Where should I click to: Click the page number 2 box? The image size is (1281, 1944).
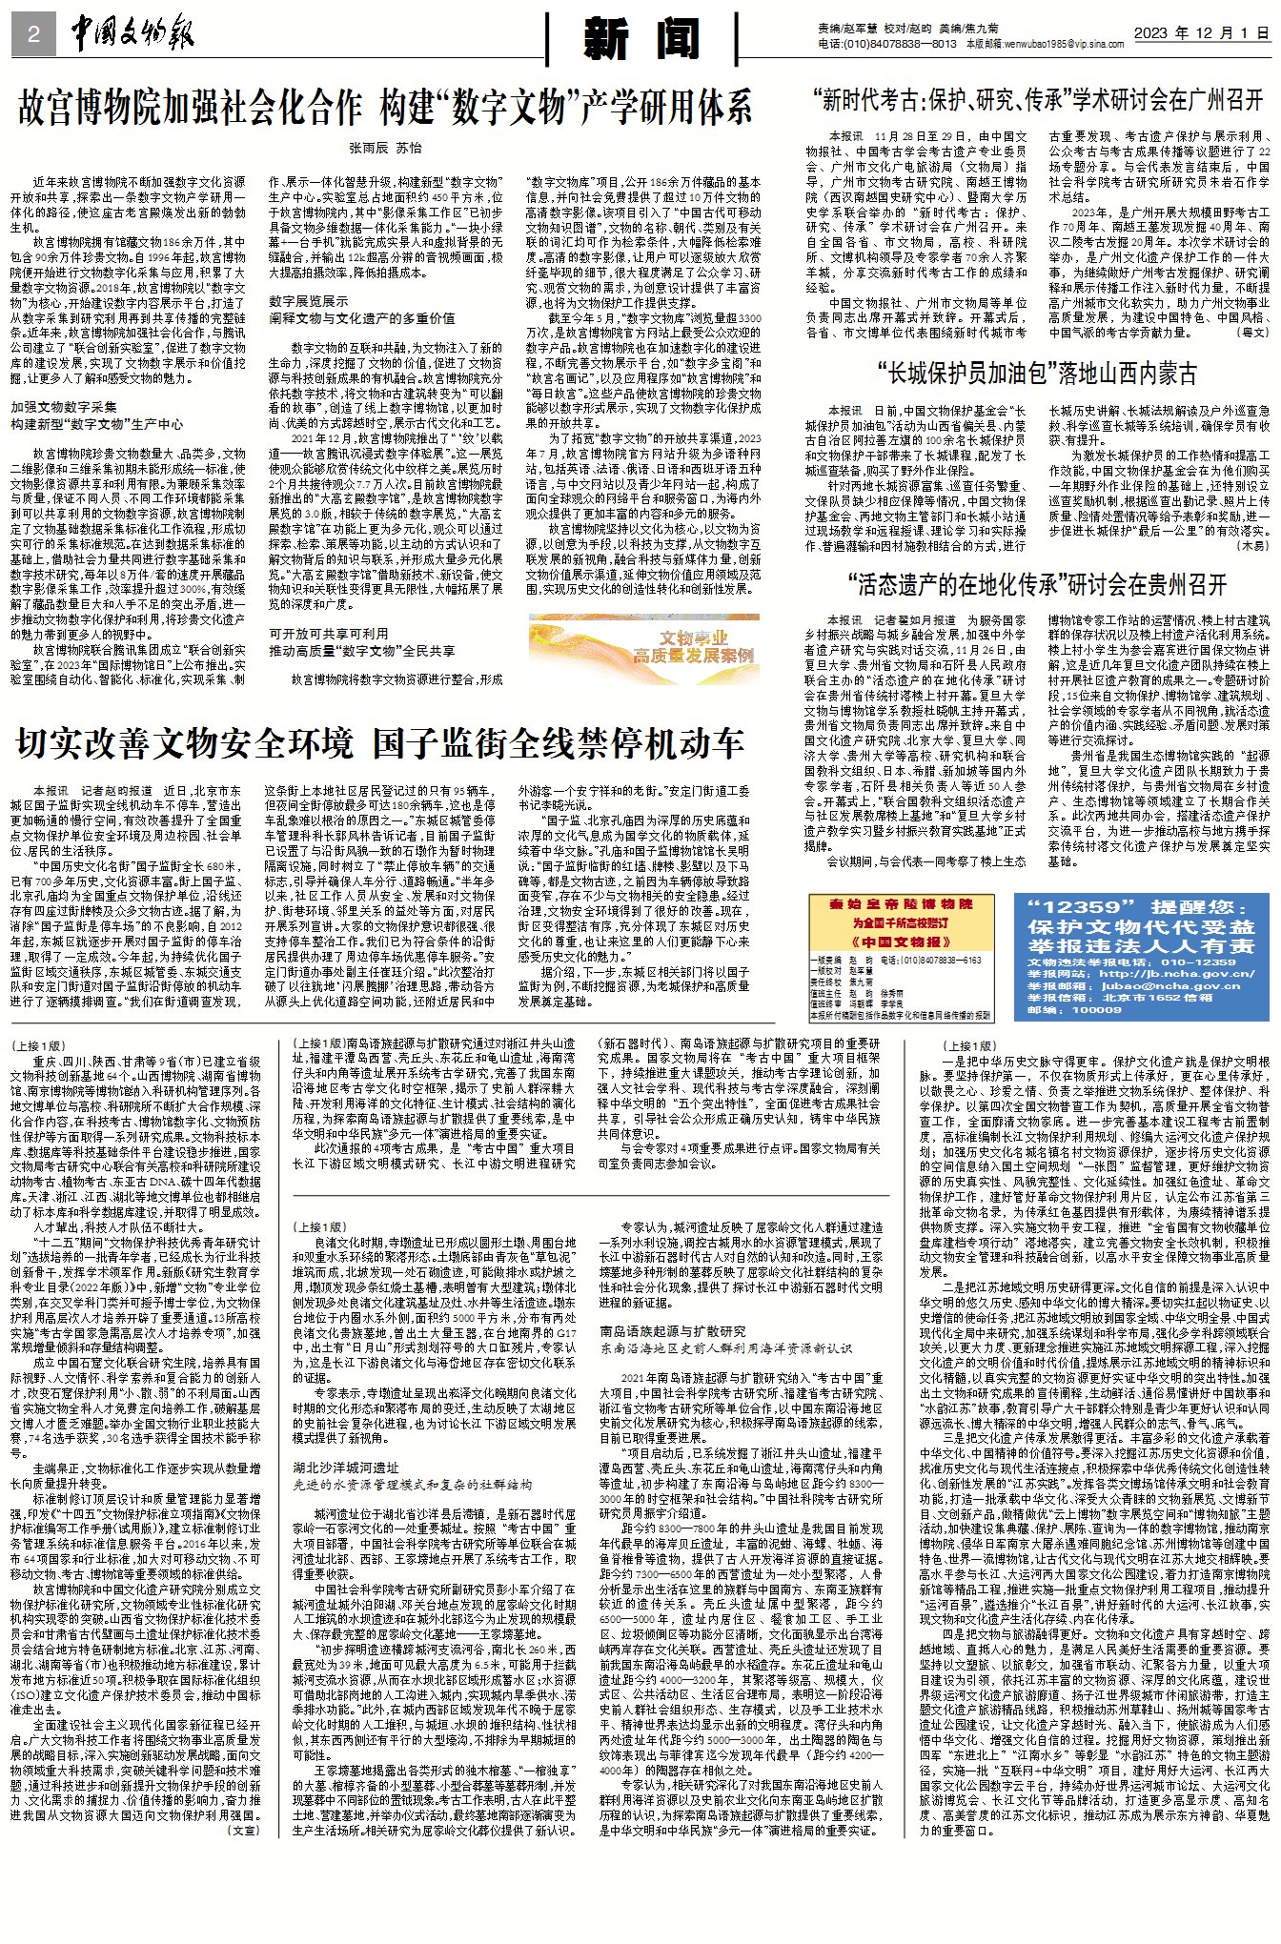coord(33,35)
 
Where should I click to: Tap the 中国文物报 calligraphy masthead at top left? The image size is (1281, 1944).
coord(132,35)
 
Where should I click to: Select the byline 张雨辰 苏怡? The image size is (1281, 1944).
coord(385,148)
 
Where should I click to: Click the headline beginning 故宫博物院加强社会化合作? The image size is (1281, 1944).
coord(385,108)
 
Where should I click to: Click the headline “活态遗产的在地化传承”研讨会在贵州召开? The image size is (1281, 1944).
coord(1037,585)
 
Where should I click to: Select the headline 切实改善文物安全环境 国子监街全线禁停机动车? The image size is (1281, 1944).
coord(379,744)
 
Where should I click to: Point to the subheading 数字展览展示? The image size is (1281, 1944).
coord(308,301)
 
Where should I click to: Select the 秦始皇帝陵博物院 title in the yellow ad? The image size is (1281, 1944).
coord(900,903)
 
